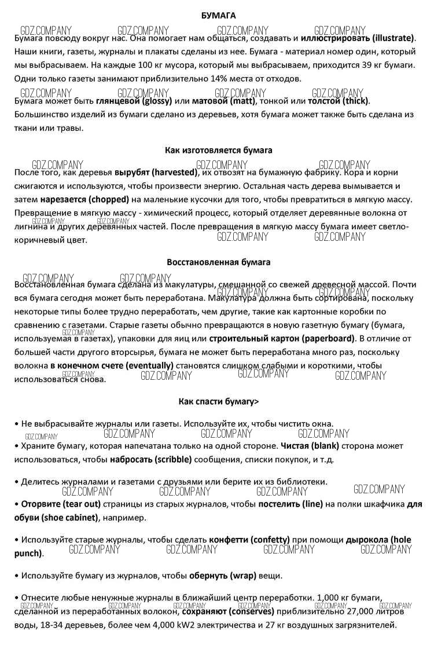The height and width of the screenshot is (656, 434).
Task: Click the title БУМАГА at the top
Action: (218, 16)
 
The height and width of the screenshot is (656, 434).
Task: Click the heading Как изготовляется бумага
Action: (218, 150)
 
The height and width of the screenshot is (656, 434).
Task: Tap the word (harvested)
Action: (173, 172)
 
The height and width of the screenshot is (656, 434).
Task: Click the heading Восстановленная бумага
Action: (218, 262)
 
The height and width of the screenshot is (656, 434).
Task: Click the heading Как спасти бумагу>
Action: (218, 401)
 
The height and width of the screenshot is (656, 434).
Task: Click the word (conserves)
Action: (251, 611)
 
